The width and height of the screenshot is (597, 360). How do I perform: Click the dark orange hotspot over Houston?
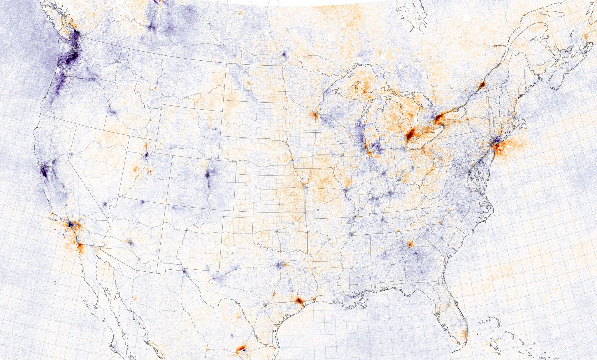coord(299,301)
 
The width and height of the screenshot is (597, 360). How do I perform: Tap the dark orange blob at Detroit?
coord(410,135)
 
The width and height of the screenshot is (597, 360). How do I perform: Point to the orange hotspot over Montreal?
coord(481,85)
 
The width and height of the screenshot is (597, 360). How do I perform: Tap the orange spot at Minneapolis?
coord(315,115)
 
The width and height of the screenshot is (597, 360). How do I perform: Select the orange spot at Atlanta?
coord(410,245)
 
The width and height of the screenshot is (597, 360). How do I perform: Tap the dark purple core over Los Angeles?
coord(70,224)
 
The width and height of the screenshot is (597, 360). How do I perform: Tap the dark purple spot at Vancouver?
coord(76,33)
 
